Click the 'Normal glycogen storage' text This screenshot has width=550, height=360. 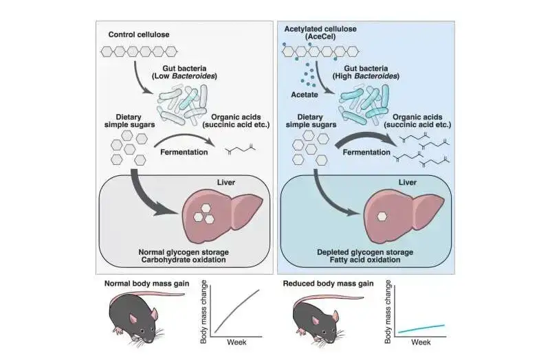point(184,253)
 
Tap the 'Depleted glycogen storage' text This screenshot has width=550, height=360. point(365,253)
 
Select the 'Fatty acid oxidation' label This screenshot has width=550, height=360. point(365,262)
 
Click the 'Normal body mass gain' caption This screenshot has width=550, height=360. point(145,283)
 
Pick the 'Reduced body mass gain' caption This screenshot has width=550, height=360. point(327,283)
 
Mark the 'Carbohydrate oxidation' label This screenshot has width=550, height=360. point(184,262)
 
